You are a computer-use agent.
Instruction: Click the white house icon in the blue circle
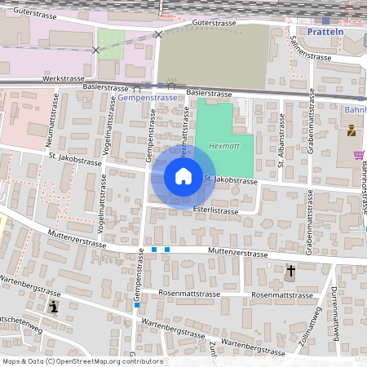coord(183,175)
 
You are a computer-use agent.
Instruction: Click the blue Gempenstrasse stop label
coord(147,97)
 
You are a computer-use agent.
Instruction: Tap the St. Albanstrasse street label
coord(280,140)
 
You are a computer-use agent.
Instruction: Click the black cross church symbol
coord(290,270)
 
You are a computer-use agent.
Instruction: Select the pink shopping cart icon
coord(359,155)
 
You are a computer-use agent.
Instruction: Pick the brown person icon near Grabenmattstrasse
coord(352,130)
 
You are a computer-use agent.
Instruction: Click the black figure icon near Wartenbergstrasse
coord(54,307)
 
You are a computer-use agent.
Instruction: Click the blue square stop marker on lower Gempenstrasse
coord(137,306)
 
